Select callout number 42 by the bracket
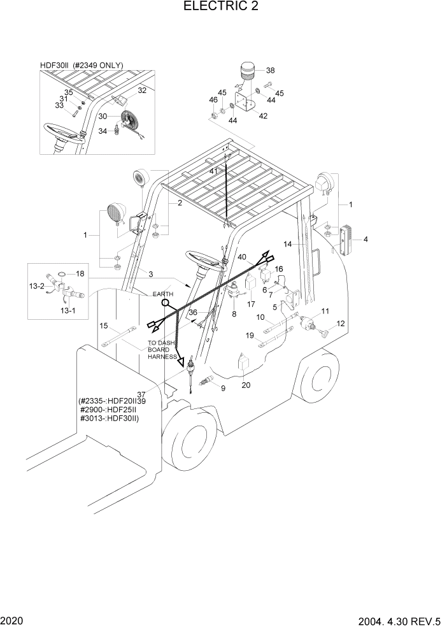click(263, 115)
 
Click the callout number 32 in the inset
click(142, 90)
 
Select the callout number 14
click(287, 244)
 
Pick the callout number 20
click(246, 384)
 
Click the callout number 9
click(222, 387)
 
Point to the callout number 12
click(341, 324)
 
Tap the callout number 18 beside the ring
click(80, 273)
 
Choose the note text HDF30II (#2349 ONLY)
click(81, 65)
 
